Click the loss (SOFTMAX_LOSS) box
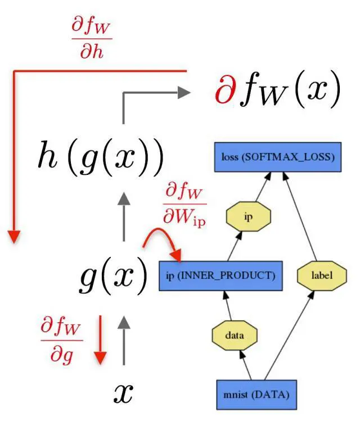pos(278,157)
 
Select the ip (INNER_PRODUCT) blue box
pos(220,276)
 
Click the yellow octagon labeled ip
pos(248,215)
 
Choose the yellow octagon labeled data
pos(234,336)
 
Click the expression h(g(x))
pos(101,158)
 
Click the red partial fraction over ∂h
pos(92,39)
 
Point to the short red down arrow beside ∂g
pos(100,341)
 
